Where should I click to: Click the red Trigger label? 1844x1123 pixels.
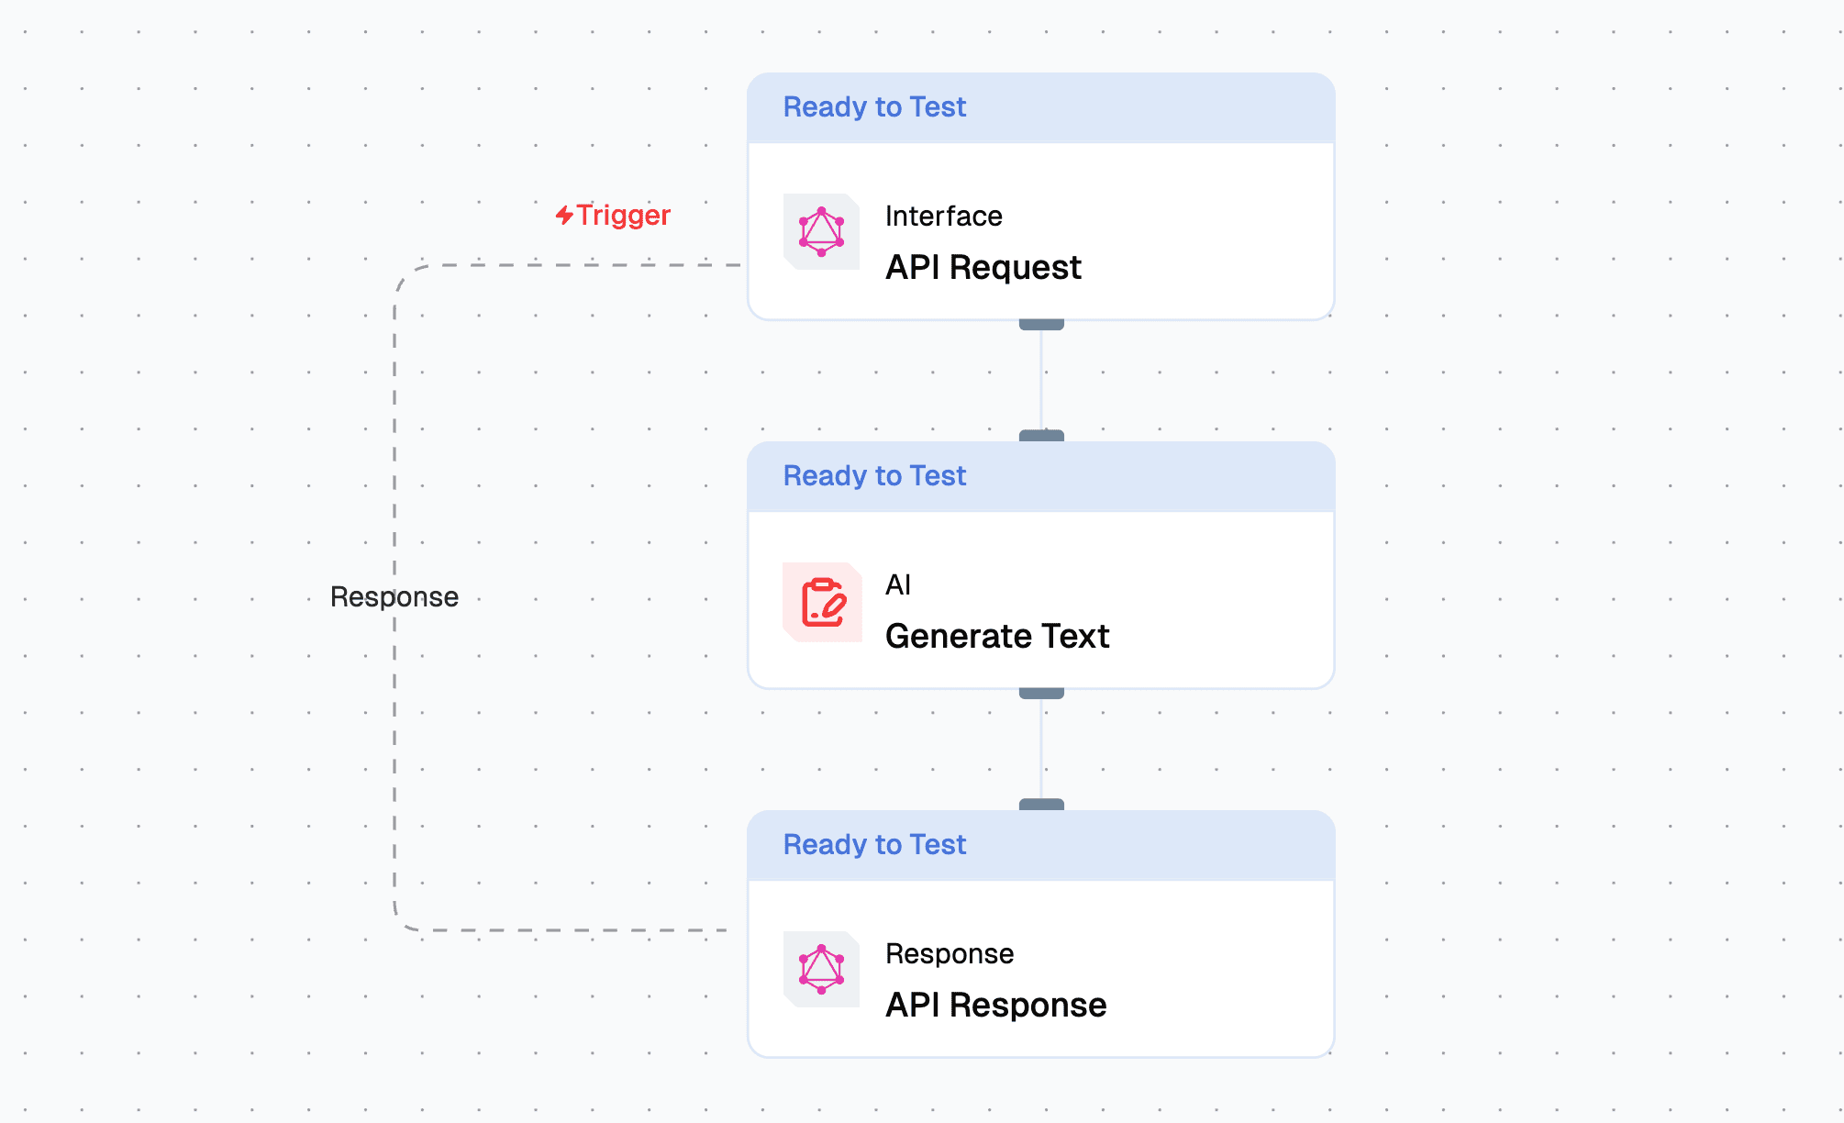click(623, 215)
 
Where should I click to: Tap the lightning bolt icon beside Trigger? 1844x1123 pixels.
click(564, 215)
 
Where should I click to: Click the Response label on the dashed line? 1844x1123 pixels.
click(394, 596)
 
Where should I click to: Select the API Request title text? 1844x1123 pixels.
click(983, 267)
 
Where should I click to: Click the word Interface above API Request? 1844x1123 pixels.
click(943, 216)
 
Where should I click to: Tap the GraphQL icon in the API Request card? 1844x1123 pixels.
click(821, 231)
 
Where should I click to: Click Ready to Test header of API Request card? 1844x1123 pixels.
click(874, 107)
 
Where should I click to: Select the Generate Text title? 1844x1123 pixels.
click(997, 636)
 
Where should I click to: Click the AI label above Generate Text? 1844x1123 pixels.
click(898, 584)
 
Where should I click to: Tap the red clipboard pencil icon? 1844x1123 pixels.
click(822, 602)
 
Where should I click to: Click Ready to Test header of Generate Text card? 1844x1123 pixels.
click(874, 476)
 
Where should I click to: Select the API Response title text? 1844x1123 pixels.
click(995, 1005)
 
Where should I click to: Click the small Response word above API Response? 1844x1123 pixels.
click(950, 953)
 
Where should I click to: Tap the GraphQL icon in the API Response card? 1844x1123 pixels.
click(821, 969)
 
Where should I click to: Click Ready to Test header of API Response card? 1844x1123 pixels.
click(874, 845)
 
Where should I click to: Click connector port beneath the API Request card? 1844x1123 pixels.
click(1041, 324)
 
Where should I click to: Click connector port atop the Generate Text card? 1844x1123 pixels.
click(1041, 436)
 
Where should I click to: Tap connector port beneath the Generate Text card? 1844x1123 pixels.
click(1041, 693)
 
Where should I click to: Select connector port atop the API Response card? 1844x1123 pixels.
click(1041, 805)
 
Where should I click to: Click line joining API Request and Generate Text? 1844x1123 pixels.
click(1041, 380)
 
